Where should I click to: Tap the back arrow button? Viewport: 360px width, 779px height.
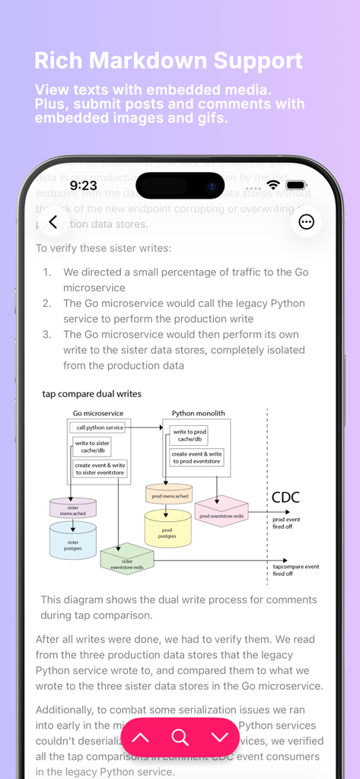point(53,222)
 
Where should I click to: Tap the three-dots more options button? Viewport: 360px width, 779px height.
point(306,222)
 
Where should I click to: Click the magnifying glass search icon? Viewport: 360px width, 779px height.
point(180,737)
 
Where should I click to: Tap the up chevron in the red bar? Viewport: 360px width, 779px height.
point(141,737)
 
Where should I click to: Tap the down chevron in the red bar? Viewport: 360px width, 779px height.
point(220,737)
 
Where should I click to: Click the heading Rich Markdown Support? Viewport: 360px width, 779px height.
point(169,61)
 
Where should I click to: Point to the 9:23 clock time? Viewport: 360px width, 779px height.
point(83,185)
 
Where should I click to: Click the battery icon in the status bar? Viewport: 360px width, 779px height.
point(296,185)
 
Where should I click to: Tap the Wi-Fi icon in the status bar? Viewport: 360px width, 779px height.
point(272,185)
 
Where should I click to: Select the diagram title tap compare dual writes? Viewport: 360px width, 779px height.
point(91,394)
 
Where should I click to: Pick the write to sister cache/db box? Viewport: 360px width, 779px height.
point(92,447)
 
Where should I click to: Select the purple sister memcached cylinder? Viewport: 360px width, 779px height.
point(73,508)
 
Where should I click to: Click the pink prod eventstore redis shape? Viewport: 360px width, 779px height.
point(221,513)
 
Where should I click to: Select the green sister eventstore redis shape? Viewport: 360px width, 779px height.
point(127,559)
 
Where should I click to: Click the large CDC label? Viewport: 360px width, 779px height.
point(285,498)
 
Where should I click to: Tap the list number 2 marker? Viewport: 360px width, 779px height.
point(46,304)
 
